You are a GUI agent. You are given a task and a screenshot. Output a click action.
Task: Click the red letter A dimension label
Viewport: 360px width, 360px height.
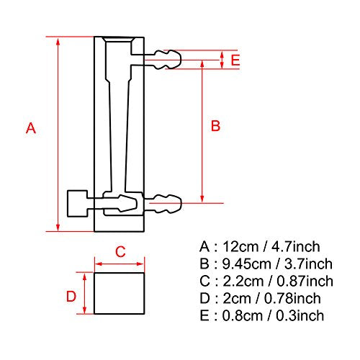30,129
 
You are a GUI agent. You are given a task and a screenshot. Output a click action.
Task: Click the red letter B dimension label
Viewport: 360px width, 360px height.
215,126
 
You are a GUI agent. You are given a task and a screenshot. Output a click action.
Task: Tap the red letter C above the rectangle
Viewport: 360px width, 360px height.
121,251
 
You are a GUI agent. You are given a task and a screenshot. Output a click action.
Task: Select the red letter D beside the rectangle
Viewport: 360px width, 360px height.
71,296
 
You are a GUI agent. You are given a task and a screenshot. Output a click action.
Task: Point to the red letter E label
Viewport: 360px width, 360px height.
235,60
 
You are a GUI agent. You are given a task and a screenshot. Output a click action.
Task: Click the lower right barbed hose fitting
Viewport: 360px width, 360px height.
166,202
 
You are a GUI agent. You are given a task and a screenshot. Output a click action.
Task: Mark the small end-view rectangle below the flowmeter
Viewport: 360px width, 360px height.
120,292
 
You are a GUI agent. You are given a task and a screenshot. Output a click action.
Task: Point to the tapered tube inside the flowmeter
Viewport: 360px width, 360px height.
120,130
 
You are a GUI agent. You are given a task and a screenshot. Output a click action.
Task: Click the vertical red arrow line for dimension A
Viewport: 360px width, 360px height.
57,133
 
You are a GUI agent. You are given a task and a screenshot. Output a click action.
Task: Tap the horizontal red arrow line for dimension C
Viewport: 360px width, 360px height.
120,263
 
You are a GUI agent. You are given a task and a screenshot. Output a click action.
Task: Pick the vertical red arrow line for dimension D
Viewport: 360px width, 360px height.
86,292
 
